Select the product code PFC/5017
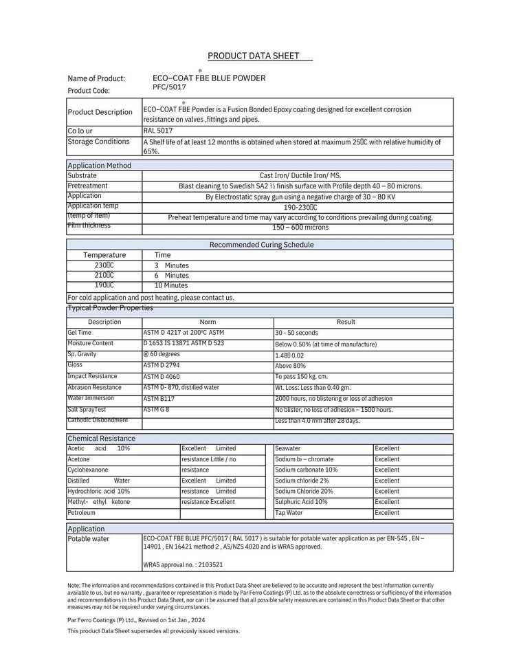click(169, 87)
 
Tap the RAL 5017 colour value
click(158, 130)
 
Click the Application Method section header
click(99, 166)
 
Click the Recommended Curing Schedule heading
click(261, 245)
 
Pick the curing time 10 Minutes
click(171, 285)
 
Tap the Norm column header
click(208, 322)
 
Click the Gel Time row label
click(79, 333)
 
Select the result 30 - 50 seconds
click(297, 333)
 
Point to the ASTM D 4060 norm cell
click(162, 377)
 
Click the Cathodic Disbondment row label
click(98, 420)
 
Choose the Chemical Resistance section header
click(101, 439)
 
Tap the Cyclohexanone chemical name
click(88, 470)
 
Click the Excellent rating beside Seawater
click(387, 448)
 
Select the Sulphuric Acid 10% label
click(301, 502)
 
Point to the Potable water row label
click(88, 539)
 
